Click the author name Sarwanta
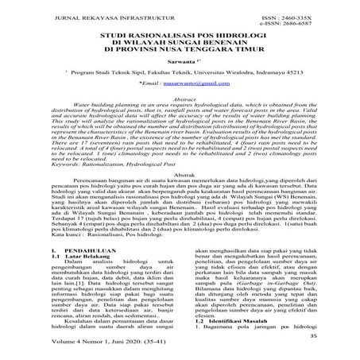click(x=180, y=68)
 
